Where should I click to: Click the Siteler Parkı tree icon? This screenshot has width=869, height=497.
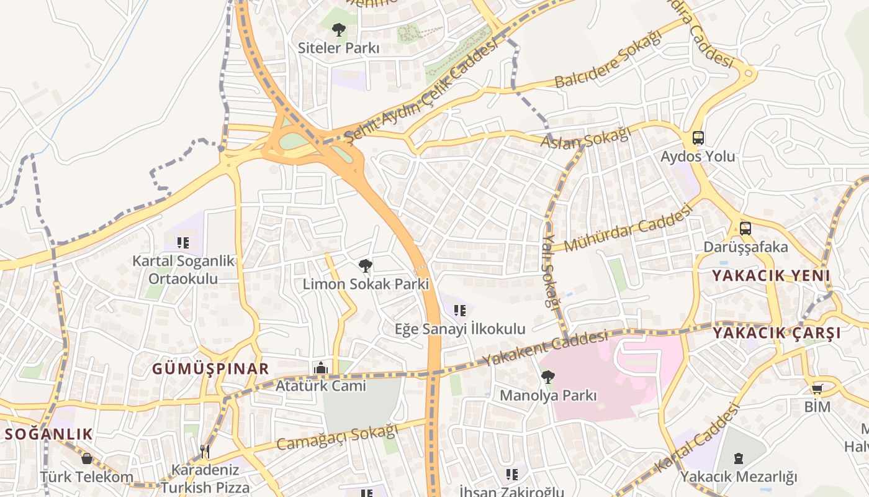tap(338, 29)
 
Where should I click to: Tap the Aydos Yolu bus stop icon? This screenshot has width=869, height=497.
tap(698, 138)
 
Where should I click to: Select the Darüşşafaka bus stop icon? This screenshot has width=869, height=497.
tap(745, 228)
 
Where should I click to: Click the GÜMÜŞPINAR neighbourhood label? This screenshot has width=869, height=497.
tap(211, 368)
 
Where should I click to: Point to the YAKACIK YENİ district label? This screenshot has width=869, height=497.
tap(770, 276)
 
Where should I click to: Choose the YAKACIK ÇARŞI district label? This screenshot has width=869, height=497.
tap(777, 333)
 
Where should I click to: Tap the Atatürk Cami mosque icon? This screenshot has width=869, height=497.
tap(321, 368)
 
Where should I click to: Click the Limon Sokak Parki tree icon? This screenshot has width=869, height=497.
tap(366, 266)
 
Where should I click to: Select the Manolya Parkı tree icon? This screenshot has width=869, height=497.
tap(547, 376)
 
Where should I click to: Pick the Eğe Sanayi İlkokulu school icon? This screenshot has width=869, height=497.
tap(460, 311)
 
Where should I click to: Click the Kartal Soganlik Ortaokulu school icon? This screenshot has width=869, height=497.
tap(183, 242)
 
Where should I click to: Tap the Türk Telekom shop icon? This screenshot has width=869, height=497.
tap(87, 458)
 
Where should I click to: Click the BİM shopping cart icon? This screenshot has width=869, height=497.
tap(817, 389)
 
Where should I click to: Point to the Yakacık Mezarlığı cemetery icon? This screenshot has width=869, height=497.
tap(738, 458)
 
